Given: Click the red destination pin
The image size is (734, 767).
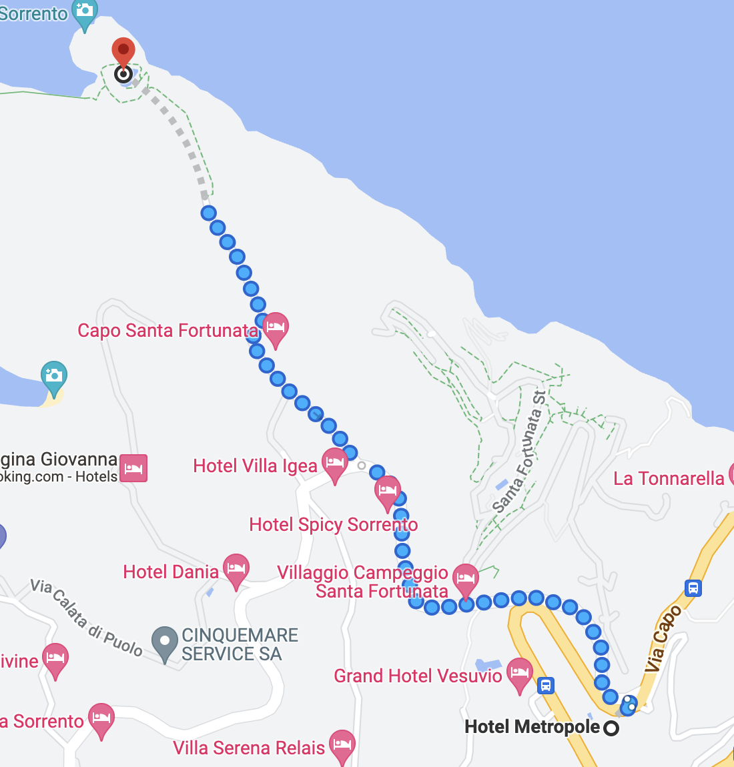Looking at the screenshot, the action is pos(123,52).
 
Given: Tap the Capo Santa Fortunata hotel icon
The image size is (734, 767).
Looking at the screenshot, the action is pos(276,327).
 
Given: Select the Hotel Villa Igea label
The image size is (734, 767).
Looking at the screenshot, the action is pos(255,466).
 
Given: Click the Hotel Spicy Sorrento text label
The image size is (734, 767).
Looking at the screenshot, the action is pos(333,525).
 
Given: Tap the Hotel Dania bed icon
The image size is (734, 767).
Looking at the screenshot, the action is pos(236,569).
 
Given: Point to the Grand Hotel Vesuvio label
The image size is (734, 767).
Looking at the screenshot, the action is pos(418,676).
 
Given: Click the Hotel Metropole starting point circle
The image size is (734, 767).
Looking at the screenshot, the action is pos(611,728).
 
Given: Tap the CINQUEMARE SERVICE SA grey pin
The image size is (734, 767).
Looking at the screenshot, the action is pos(164,641).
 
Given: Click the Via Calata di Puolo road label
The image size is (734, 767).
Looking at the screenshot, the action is pos(86,618).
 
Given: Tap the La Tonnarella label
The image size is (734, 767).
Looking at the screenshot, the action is pos(669,478).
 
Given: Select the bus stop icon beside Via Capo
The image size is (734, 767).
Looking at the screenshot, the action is pos(693,588).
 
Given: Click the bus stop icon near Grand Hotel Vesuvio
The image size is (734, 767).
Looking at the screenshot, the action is pos(546,686).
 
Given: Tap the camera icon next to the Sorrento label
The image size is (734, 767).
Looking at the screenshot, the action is pos(85,11).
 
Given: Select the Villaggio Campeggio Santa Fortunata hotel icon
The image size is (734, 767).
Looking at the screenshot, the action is pos(465,578).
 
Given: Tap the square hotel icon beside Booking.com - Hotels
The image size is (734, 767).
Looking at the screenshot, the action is pos(133,468).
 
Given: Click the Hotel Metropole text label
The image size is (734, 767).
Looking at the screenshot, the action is pos(532,727).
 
